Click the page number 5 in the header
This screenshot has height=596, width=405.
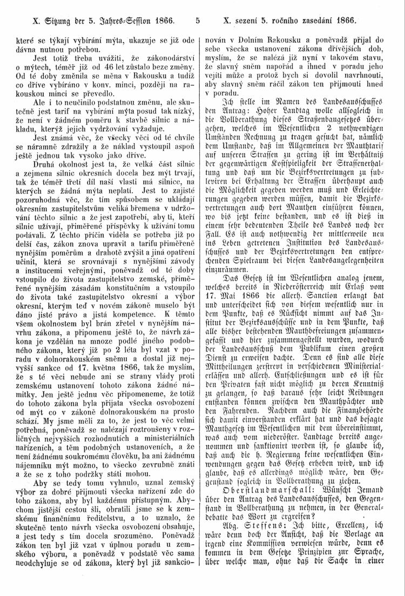point(199,22)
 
